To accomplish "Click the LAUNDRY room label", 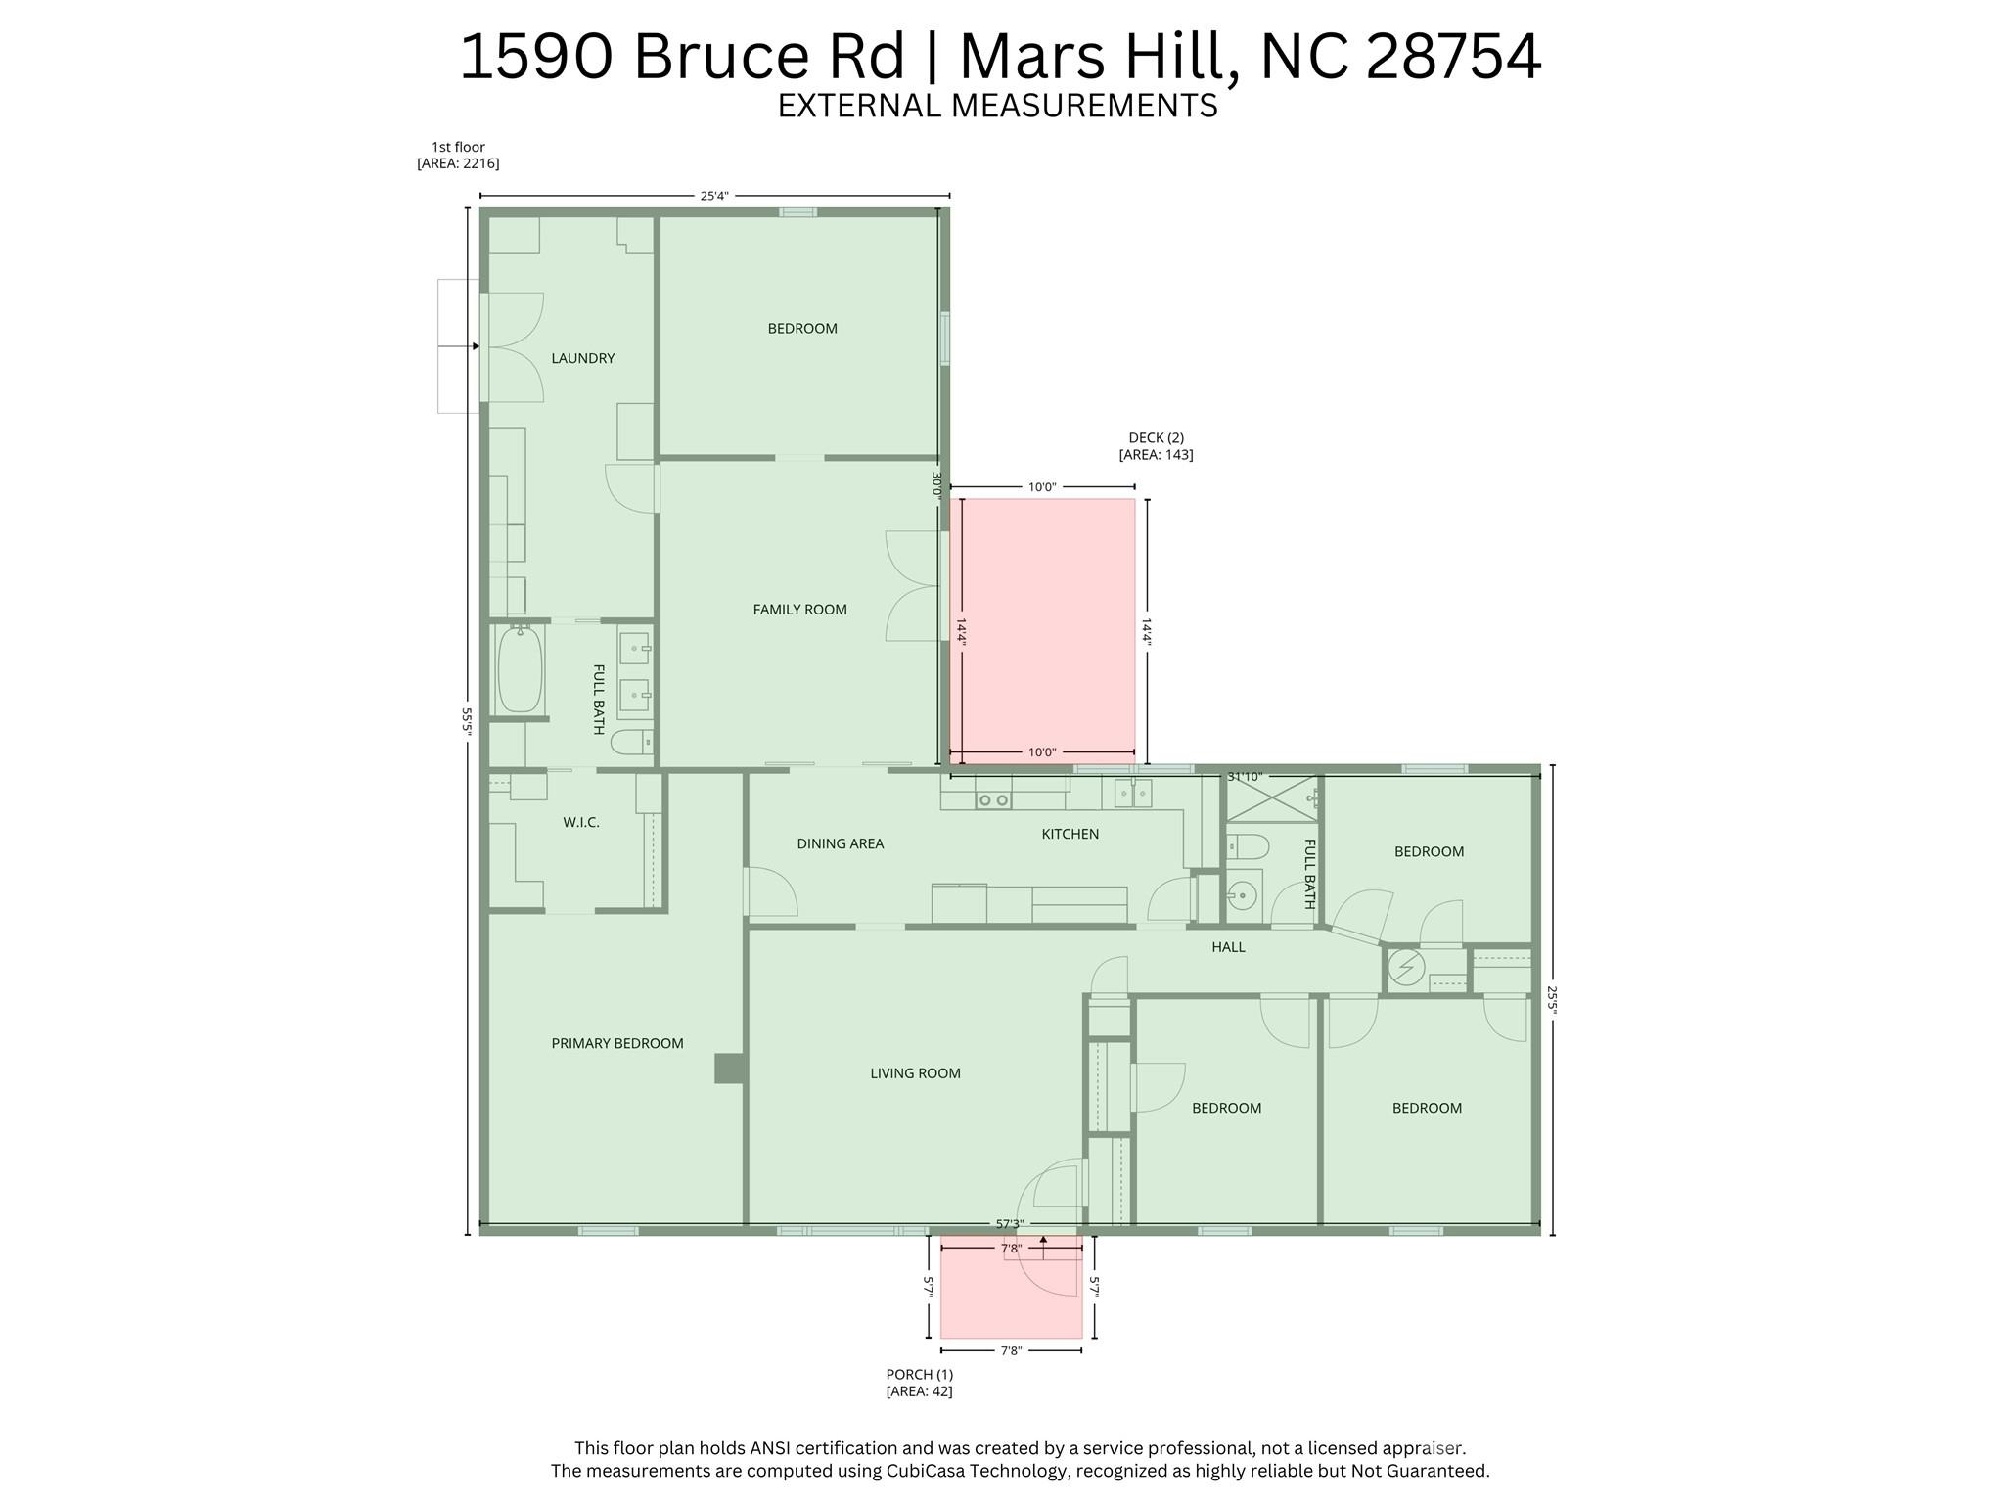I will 582,358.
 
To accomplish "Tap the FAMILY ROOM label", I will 799,610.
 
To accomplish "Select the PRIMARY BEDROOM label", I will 616,1043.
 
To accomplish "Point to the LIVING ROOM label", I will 915,1073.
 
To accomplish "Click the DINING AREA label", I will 840,843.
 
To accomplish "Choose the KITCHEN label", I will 1070,834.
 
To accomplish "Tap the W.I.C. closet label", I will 580,823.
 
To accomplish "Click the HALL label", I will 1228,947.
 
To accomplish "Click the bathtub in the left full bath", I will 520,670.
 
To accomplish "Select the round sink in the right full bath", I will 1242,894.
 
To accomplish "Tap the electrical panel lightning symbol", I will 1406,968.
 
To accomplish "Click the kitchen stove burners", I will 993,800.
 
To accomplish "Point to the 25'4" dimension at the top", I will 713,196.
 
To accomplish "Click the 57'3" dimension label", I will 1009,1224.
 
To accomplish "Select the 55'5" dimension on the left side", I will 468,721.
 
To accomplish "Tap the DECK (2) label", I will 1156,446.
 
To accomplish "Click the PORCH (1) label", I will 919,1383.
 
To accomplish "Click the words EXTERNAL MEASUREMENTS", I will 997,106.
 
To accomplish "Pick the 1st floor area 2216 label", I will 458,156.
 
